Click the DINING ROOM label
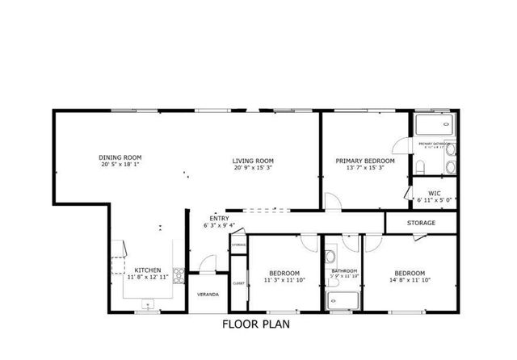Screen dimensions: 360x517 120,157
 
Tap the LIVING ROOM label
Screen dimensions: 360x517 253,160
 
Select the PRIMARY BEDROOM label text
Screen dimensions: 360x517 364,160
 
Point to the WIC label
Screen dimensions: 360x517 434,193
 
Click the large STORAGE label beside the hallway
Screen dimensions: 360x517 421,223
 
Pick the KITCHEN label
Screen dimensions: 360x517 148,270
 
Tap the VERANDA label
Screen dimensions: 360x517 208,295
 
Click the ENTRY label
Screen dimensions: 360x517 218,218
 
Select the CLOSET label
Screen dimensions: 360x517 238,283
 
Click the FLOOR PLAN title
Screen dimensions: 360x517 255,324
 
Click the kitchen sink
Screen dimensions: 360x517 148,303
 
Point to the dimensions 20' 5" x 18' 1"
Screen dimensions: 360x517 120,165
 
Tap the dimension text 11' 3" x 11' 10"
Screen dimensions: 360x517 284,281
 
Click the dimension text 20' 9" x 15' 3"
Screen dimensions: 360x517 253,168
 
